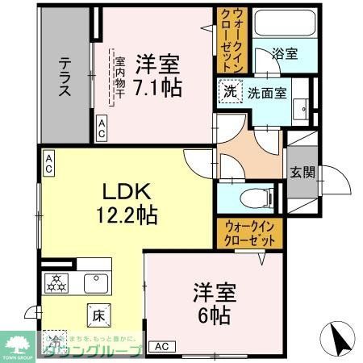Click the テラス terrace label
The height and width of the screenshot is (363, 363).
pyautogui.click(x=65, y=74)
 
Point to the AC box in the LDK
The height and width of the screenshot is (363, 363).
pyautogui.click(x=48, y=165)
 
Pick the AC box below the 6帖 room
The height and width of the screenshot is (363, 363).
pyautogui.click(x=161, y=347)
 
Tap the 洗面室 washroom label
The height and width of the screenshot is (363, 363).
pyautogui.click(x=266, y=92)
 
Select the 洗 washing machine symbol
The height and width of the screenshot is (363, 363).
pyautogui.click(x=231, y=92)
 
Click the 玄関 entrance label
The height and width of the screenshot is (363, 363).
pyautogui.click(x=303, y=173)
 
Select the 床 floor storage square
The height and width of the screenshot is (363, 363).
pyautogui.click(x=95, y=313)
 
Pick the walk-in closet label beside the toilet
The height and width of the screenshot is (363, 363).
pyautogui.click(x=249, y=233)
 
